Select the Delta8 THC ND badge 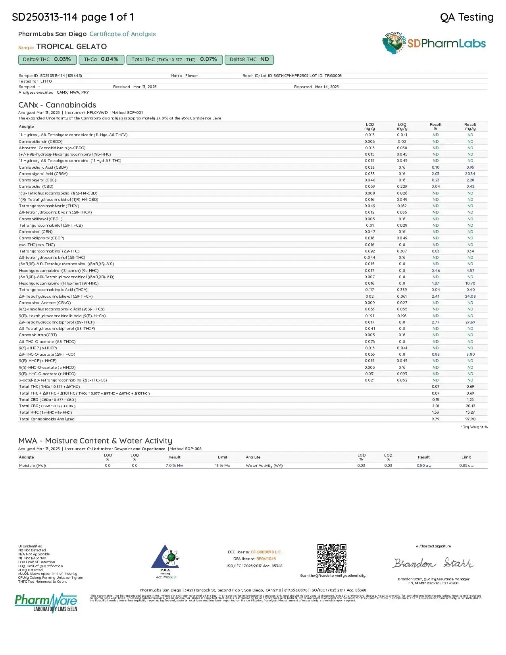tap(249, 60)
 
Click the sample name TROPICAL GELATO tap(71, 47)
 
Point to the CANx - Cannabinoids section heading tap(57, 105)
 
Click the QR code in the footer tap(332, 558)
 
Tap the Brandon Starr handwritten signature tap(433, 563)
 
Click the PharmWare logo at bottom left tap(46, 603)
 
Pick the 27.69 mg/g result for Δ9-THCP tap(470, 322)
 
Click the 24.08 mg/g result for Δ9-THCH tap(470, 297)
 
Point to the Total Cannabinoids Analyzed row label tap(46, 419)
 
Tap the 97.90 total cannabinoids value tap(470, 419)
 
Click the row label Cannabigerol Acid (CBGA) tap(43, 174)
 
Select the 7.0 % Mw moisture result tap(174, 466)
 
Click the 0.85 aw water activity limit tap(466, 466)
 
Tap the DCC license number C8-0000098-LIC tap(266, 552)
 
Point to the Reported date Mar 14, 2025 tap(327, 87)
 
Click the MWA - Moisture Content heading tap(95, 441)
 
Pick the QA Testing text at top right tap(467, 17)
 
